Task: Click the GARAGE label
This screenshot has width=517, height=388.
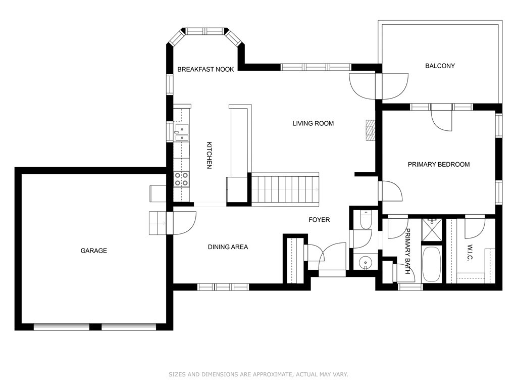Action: [93, 251]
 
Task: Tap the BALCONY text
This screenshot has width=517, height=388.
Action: [440, 66]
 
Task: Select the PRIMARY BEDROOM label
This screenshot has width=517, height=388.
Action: [439, 164]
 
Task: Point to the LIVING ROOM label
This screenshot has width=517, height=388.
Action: [313, 123]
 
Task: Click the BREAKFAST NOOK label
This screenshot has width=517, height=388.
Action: [205, 69]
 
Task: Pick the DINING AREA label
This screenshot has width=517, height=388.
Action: [228, 247]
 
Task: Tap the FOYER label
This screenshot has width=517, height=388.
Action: [319, 220]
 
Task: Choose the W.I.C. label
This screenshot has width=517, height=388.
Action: [470, 253]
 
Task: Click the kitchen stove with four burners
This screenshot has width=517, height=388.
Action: [181, 179]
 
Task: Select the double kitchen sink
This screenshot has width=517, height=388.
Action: [182, 133]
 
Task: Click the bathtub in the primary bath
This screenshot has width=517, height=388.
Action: [431, 264]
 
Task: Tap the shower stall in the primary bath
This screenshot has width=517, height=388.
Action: [432, 229]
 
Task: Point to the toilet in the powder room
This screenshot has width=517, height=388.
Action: [366, 219]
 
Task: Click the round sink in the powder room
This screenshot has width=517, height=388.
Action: [365, 263]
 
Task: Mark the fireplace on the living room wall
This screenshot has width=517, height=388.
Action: [370, 130]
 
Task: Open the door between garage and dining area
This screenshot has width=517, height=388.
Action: [181, 223]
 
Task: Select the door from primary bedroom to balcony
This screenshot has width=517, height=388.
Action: [441, 117]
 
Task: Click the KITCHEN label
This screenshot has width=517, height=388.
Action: [209, 155]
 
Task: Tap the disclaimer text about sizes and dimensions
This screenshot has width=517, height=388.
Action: [258, 374]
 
